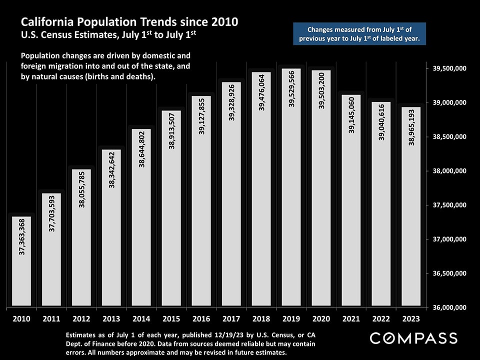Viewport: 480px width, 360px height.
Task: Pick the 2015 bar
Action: coord(171,225)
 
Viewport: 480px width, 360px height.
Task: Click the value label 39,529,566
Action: coord(291,89)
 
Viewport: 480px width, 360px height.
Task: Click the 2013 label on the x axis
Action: coord(111,318)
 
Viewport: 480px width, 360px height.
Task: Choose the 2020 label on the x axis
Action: coord(321,318)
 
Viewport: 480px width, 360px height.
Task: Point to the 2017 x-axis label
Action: coord(231,318)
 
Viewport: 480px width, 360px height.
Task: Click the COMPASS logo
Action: coord(413,338)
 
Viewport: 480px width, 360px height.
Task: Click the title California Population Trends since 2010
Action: coord(129,22)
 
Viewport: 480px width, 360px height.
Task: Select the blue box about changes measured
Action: coord(359,34)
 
